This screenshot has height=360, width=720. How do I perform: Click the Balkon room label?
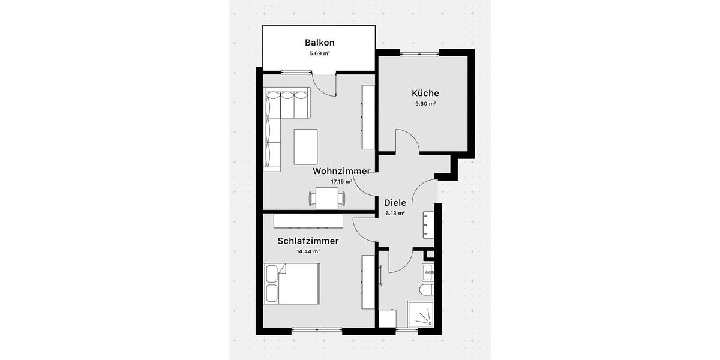(x=319, y=43)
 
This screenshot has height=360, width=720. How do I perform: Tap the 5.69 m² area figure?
(x=319, y=53)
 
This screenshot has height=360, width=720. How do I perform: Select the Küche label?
(x=425, y=93)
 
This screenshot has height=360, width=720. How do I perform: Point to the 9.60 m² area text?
(x=425, y=104)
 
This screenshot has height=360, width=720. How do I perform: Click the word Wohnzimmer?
(x=341, y=171)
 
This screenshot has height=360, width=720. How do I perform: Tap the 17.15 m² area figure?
(x=341, y=181)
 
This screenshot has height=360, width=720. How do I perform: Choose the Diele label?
(x=395, y=203)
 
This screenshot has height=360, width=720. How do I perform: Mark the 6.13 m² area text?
(x=395, y=213)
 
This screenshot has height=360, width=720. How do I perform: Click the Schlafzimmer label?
(x=308, y=241)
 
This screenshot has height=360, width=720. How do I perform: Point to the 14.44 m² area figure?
(x=308, y=251)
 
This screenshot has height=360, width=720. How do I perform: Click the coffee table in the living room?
(x=305, y=146)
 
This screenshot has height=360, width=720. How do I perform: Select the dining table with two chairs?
(x=327, y=199)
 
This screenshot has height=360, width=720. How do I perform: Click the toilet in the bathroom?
(x=427, y=291)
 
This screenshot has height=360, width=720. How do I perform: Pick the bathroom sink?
(x=428, y=272)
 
